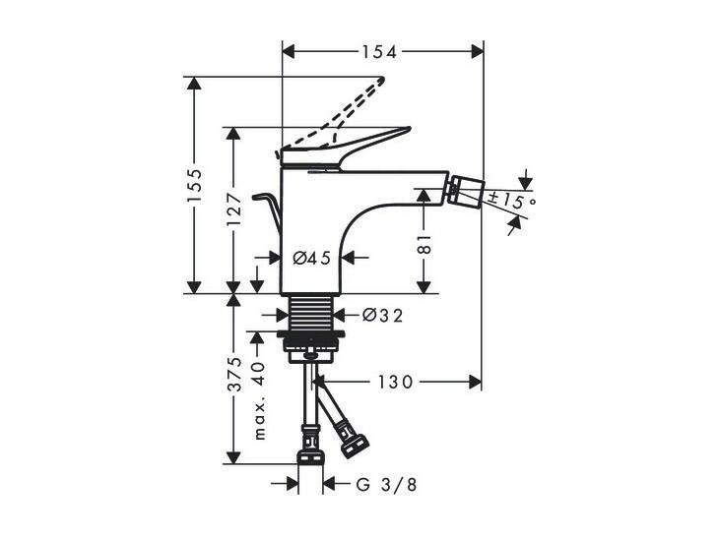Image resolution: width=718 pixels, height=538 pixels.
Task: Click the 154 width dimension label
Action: click(x=379, y=52)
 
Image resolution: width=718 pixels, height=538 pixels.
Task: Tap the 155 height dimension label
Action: click(x=194, y=185)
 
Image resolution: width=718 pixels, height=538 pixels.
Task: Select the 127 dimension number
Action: click(x=233, y=210)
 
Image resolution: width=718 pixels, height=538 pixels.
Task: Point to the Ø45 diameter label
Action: click(x=312, y=259)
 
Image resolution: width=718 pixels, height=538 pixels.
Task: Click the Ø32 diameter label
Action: click(x=383, y=315)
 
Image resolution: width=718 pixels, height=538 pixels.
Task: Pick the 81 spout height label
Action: click(x=424, y=244)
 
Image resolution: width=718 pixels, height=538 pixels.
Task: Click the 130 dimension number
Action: click(x=395, y=382)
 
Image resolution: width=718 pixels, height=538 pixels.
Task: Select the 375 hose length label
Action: click(x=234, y=375)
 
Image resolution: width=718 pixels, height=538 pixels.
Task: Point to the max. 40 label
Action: click(x=259, y=400)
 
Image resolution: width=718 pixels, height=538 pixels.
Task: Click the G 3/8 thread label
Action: click(x=387, y=485)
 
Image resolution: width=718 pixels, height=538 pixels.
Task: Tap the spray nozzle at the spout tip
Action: click(x=466, y=191)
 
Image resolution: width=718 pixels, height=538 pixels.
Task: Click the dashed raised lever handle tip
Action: click(x=381, y=80)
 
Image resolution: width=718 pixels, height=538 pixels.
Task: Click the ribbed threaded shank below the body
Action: click(x=311, y=311)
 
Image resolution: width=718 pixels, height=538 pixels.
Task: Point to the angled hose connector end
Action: click(x=356, y=445)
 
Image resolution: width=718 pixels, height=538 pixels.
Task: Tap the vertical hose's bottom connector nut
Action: click(x=311, y=457)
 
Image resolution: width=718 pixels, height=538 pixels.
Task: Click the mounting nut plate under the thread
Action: click(x=311, y=334)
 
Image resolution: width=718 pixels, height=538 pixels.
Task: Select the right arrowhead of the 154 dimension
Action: click(x=477, y=51)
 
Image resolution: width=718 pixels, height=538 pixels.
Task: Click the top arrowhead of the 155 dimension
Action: click(x=194, y=84)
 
